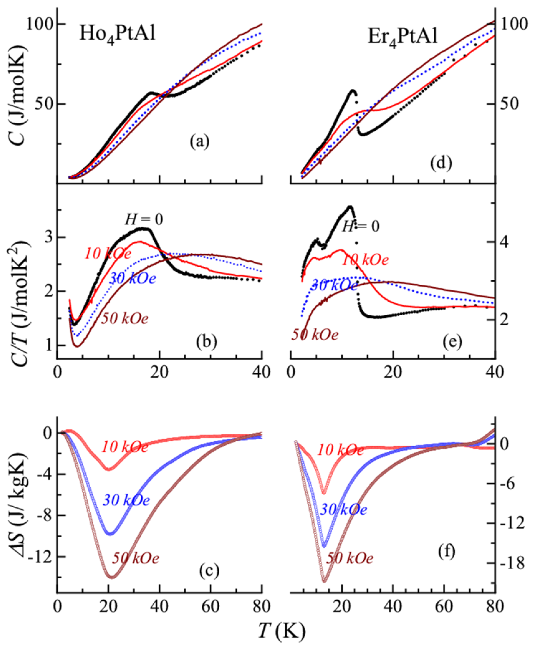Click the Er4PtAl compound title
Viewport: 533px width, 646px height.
(x=402, y=38)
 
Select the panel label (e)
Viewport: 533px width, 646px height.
(x=453, y=343)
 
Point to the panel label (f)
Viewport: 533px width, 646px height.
(x=446, y=552)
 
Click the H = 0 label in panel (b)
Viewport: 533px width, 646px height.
(x=144, y=220)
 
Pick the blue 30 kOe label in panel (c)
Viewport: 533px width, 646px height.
(x=126, y=500)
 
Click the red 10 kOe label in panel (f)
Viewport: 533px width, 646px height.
(x=340, y=450)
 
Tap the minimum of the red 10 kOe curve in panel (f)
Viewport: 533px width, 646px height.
(x=324, y=493)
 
